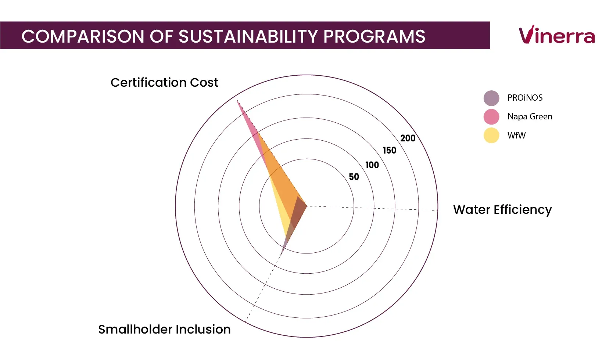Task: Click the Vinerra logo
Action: pos(557,35)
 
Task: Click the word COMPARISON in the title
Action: pos(83,36)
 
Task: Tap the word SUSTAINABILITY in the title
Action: pos(248,36)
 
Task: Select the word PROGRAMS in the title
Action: pos(374,36)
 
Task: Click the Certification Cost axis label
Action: pos(165,82)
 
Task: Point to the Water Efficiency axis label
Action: pos(502,210)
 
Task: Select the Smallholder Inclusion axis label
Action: pos(165,330)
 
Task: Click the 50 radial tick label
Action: pos(354,177)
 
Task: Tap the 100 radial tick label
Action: pos(372,165)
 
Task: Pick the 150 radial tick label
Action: pos(390,150)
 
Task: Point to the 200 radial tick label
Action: pos(408,138)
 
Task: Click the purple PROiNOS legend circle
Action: pos(491,98)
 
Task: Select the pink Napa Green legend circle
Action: pos(491,117)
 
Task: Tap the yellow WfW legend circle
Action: pos(491,136)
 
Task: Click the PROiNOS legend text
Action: pos(525,98)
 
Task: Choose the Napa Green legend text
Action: pos(530,117)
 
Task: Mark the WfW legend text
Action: pos(516,136)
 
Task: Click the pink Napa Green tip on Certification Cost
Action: pos(237,101)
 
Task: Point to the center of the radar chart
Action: pos(307,206)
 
